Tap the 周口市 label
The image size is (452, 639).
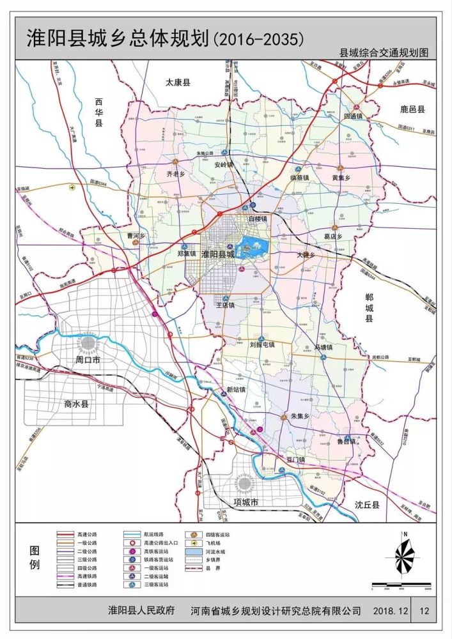pyautogui.click(x=88, y=360)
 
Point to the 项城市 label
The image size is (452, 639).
pyautogui.click(x=245, y=503)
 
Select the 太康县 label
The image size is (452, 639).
pyautogui.click(x=178, y=82)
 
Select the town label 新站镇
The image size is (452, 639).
pyautogui.click(x=235, y=390)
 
